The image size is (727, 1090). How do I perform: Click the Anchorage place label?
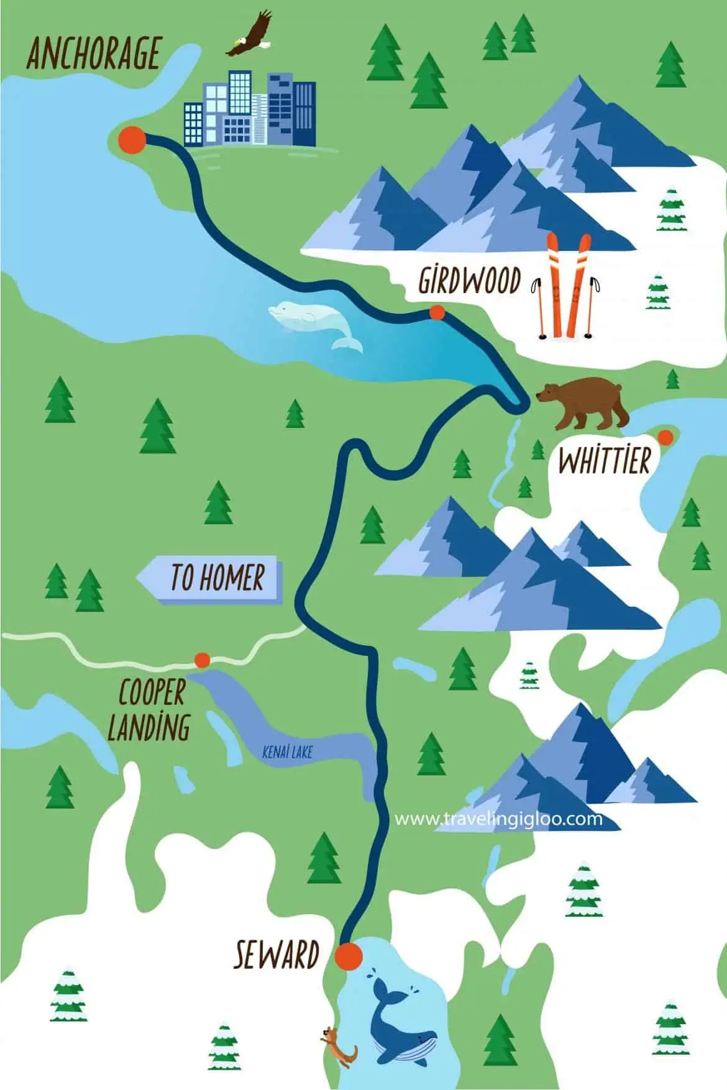93,54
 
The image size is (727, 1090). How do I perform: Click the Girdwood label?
469,281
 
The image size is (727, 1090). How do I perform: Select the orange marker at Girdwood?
437,312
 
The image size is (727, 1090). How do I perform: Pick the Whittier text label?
604,461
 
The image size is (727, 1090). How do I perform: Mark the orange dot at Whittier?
665,437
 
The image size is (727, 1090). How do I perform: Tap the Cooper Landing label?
149,709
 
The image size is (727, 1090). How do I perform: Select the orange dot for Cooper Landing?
202,660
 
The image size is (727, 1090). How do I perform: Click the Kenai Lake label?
287,753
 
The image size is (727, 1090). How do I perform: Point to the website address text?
498,819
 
